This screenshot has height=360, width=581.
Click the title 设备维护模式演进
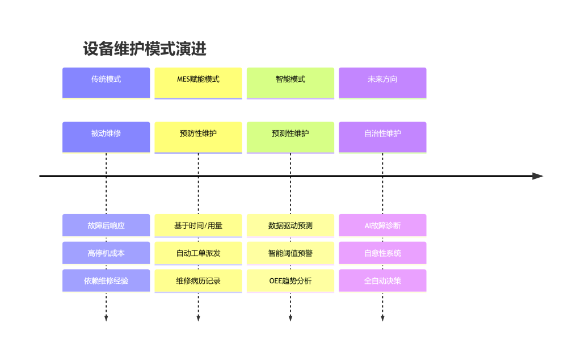145,49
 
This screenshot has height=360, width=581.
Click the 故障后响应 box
106,225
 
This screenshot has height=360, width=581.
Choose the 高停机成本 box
106,253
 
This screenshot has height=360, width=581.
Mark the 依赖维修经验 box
106,281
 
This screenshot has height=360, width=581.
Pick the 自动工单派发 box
198,253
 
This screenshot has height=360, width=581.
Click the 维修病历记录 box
198,281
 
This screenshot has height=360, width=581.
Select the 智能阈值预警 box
290,253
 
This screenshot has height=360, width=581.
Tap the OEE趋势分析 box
290,281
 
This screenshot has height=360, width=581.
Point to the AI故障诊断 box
382,225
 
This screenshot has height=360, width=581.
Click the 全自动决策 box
382,281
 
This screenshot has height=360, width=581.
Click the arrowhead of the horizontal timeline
538,176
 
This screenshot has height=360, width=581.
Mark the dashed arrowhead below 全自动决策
382,319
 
